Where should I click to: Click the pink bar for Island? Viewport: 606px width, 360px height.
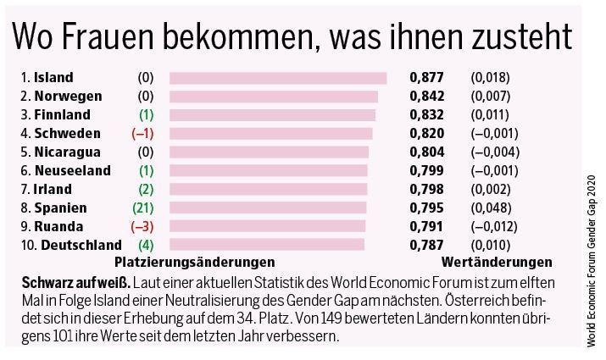click(x=278, y=78)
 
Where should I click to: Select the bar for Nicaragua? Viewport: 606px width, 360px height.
click(x=269, y=152)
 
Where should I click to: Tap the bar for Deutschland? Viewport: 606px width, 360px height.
click(x=266, y=245)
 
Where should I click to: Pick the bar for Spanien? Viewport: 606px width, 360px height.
click(x=268, y=208)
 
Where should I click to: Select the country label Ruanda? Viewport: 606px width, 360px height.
click(x=58, y=226)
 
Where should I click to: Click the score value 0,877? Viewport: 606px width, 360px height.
click(x=426, y=78)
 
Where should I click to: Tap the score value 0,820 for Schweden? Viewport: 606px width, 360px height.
click(x=426, y=134)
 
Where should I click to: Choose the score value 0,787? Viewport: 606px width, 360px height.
click(x=426, y=245)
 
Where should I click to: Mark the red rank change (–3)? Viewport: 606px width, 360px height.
click(x=144, y=226)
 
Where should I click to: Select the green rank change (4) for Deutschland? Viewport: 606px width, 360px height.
click(x=146, y=245)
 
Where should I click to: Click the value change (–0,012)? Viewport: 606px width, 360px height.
click(x=494, y=226)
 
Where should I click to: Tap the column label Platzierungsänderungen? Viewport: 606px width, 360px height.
click(x=194, y=262)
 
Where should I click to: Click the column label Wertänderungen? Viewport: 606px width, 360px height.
click(x=497, y=262)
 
